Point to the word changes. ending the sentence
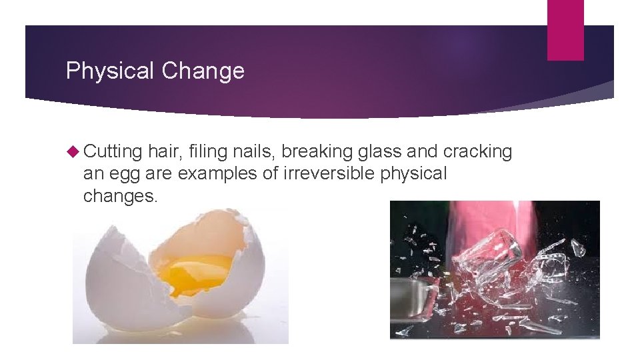121,196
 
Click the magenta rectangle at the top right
565,30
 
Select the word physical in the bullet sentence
413,175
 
